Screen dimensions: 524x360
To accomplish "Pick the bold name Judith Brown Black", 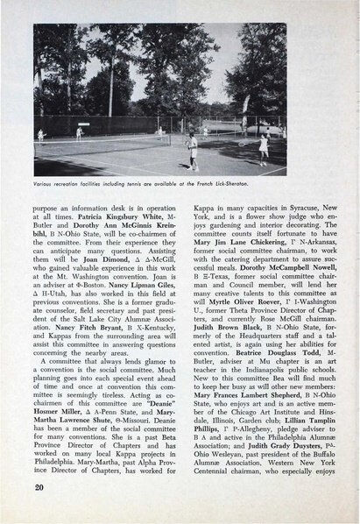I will [236, 333].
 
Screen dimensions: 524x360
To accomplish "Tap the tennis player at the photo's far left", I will [41, 134].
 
